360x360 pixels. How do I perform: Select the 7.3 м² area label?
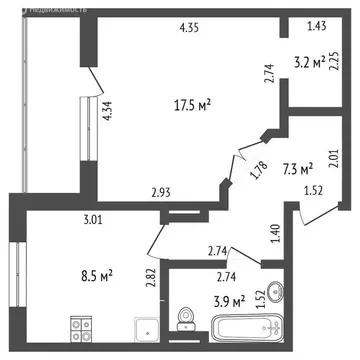point(297,169)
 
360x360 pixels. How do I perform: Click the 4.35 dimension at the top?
point(190,28)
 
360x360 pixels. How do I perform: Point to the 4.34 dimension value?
point(106,112)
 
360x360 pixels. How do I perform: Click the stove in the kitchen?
point(83,326)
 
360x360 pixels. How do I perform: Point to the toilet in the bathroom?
point(183,318)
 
